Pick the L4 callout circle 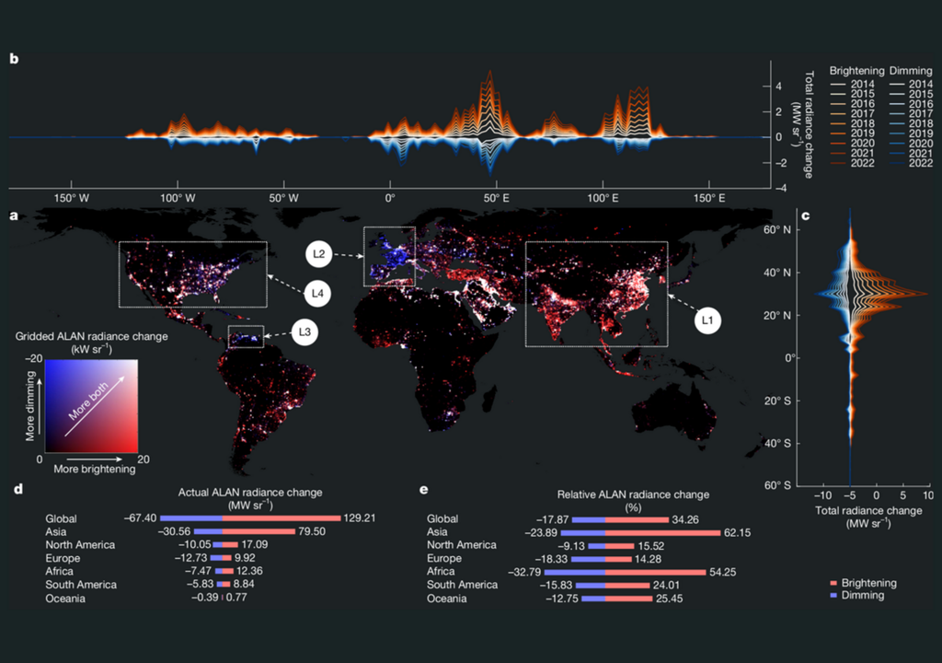(316, 294)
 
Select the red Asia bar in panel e (662, 532)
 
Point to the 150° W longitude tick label (71, 199)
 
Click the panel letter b (13, 59)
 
